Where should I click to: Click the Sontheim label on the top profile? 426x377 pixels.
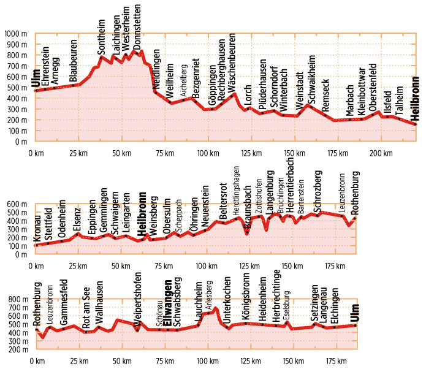click(102, 37)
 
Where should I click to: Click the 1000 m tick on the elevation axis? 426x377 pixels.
click(15, 34)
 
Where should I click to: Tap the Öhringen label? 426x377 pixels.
click(193, 219)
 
